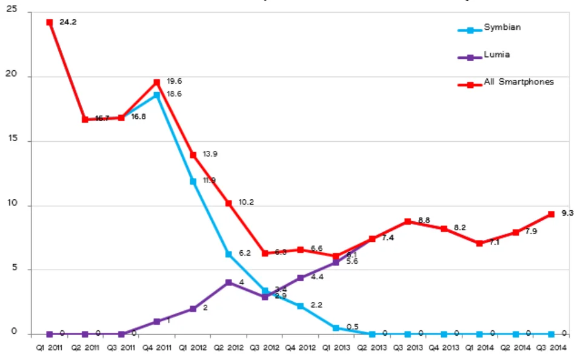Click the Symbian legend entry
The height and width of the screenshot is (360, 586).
tap(502, 28)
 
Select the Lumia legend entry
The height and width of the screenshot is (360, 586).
tap(496, 55)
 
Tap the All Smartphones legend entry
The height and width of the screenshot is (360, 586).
tap(518, 82)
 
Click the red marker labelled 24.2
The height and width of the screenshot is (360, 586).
tap(50, 22)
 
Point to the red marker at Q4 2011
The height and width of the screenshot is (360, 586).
tap(157, 82)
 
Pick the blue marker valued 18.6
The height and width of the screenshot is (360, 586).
tap(157, 95)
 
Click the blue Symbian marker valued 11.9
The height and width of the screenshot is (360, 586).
tap(193, 181)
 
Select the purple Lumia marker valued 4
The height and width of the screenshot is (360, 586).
tap(228, 282)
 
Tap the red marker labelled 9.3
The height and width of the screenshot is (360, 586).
tap(551, 214)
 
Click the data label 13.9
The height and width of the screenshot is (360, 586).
tap(210, 154)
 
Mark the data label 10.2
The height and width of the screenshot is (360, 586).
tap(245, 202)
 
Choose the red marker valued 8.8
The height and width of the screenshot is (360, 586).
tap(408, 221)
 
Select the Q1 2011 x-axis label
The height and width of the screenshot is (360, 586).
tap(49, 348)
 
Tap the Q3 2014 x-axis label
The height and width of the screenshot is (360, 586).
tap(551, 348)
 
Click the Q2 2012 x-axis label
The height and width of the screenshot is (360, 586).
tap(228, 348)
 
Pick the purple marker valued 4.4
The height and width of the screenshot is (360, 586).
tap(300, 278)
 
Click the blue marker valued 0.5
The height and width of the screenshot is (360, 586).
tap(336, 328)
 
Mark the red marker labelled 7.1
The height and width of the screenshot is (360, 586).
tap(479, 243)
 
